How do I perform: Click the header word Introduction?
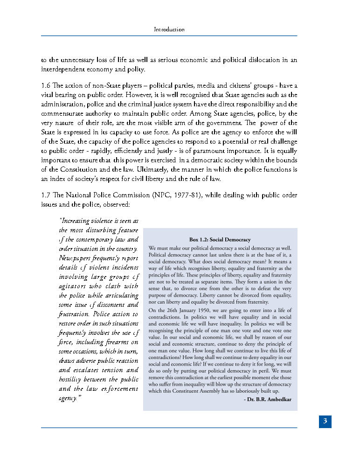(169, 29)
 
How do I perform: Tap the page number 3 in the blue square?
(325, 422)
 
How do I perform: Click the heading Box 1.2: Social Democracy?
(220, 239)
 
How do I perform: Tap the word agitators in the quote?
(73, 286)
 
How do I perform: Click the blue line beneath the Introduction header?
(169, 36)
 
